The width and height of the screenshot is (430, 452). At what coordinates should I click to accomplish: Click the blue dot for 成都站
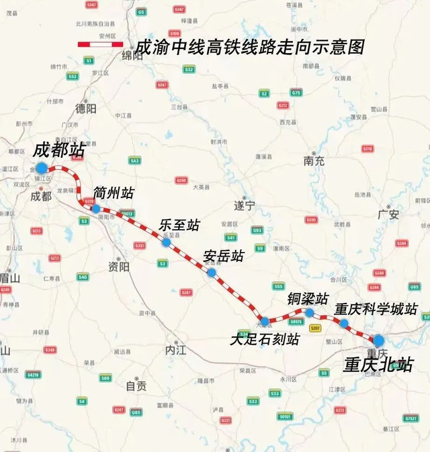(42, 168)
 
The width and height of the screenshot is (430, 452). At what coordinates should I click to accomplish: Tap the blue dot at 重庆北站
(378, 341)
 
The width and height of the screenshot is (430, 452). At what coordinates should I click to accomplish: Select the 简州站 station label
(114, 193)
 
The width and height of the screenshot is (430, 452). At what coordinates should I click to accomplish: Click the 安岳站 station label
(223, 256)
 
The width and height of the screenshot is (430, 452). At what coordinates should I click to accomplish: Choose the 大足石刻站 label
(264, 339)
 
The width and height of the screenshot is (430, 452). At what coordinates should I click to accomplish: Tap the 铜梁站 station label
(308, 298)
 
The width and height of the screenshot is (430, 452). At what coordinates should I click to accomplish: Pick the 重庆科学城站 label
(376, 309)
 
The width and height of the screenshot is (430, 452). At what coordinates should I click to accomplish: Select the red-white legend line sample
(100, 44)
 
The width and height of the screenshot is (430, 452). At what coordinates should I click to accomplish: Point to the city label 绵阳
(132, 56)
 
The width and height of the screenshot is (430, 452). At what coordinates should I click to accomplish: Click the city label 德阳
(86, 108)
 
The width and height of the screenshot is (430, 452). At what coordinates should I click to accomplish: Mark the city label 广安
(388, 215)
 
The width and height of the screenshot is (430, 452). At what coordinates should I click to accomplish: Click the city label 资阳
(118, 265)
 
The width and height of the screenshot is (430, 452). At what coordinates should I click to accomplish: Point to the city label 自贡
(136, 386)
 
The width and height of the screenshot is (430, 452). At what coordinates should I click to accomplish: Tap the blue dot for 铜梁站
(309, 312)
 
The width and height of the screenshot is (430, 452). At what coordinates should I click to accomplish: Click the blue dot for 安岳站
(212, 273)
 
